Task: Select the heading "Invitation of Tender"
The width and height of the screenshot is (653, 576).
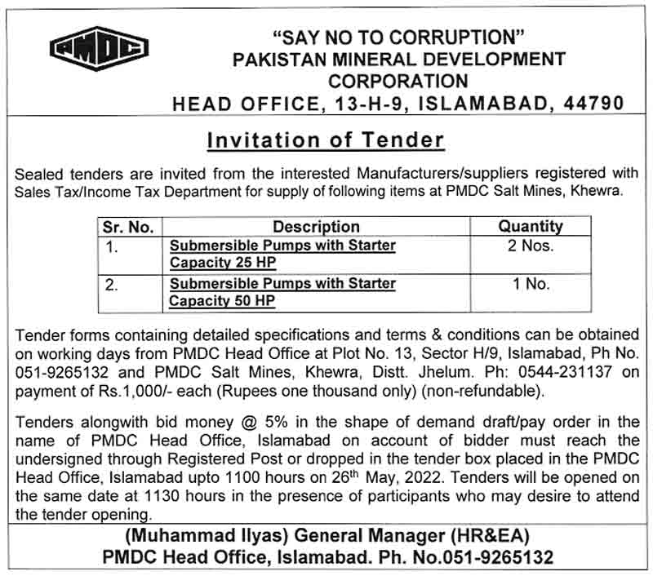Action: (326, 140)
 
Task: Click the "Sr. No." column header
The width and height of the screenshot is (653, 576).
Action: (128, 227)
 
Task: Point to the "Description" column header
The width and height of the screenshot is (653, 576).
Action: (316, 227)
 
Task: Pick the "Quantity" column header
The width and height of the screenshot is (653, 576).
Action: (531, 226)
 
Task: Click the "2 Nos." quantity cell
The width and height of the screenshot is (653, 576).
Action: (531, 246)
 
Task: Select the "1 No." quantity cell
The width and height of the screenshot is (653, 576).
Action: (531, 284)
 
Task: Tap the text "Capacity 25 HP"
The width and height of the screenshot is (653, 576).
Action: (222, 263)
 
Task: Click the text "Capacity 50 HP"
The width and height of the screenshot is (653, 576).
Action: (222, 301)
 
